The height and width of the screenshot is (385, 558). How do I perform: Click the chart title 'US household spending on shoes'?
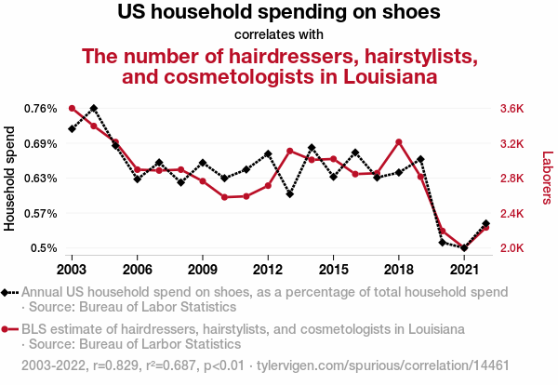pos(279,13)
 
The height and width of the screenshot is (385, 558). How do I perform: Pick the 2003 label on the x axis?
pos(72,270)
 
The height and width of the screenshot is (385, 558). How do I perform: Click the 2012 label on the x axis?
pos(268,270)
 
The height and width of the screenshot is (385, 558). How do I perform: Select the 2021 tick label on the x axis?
pos(464,270)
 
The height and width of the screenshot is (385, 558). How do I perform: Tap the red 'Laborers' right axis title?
pos(547,179)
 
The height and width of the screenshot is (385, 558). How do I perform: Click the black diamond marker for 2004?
pos(93,109)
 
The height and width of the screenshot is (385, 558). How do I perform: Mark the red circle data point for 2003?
pos(72,109)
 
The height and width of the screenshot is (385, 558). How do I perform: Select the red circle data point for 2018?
pos(398,142)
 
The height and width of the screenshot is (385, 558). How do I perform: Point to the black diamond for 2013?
pos(290,194)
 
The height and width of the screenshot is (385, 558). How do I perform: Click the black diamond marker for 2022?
pos(485,223)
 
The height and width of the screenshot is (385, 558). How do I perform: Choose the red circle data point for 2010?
pos(224,197)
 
